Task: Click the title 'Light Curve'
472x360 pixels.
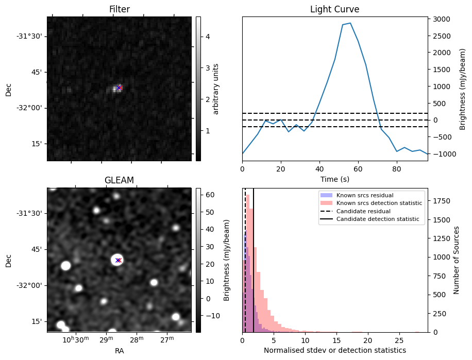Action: (x=334, y=9)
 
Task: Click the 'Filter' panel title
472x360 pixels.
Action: (x=119, y=9)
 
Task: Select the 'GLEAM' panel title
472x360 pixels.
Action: (x=119, y=180)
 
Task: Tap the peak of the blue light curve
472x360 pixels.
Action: (x=350, y=23)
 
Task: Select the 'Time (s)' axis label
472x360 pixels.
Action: (x=334, y=178)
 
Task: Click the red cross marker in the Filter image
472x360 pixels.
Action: (x=119, y=88)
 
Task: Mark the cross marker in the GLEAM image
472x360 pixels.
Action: (x=118, y=260)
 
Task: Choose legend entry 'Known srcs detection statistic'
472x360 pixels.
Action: (x=379, y=203)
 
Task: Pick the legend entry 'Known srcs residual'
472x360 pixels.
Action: (x=364, y=196)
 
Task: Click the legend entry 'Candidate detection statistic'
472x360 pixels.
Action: (x=378, y=219)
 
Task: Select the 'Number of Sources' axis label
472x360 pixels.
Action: (x=457, y=260)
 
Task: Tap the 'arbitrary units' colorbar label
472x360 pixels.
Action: (x=216, y=89)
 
